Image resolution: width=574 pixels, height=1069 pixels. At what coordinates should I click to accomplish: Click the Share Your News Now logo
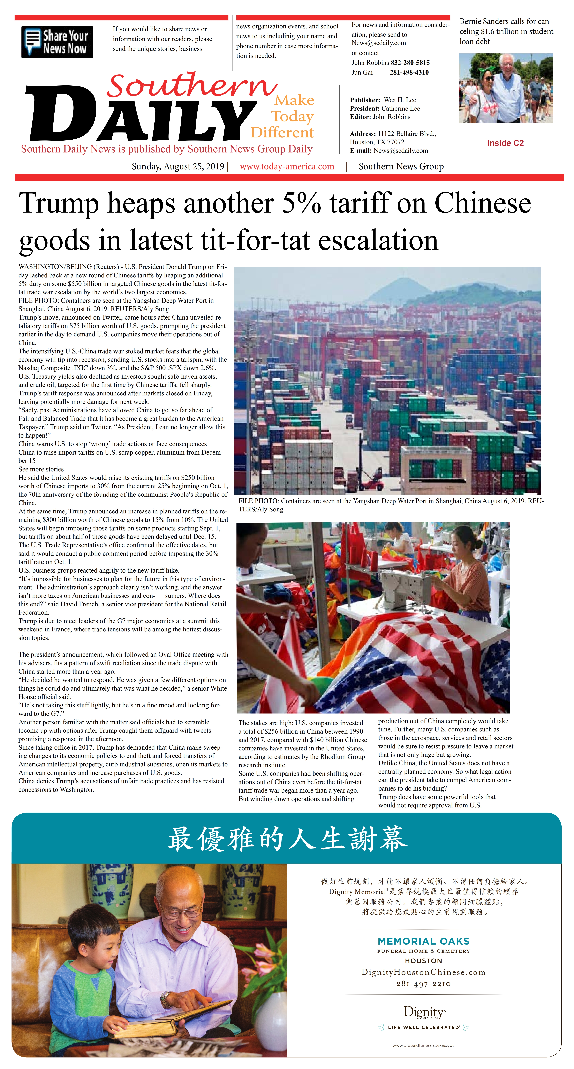click(57, 42)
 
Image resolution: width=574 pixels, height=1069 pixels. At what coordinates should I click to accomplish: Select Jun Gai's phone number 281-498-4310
click(409, 73)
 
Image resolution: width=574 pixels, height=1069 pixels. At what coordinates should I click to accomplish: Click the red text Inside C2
click(505, 143)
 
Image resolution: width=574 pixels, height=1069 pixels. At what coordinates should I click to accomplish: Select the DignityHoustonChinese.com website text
click(423, 972)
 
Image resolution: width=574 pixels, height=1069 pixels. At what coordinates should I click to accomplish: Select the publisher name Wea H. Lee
click(400, 100)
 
